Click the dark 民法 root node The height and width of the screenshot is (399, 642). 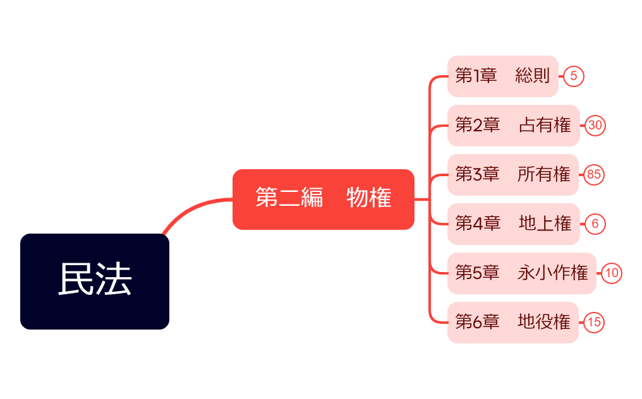click(x=95, y=282)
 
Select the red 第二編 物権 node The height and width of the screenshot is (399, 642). click(x=323, y=199)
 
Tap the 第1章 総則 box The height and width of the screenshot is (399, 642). click(x=502, y=76)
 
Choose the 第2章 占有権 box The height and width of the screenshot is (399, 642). click(x=513, y=126)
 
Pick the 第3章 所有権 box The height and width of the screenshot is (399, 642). click(x=512, y=175)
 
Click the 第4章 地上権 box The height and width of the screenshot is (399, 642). click(x=513, y=224)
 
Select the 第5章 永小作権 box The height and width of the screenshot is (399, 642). click(x=521, y=273)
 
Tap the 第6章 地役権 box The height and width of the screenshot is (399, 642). click(x=512, y=323)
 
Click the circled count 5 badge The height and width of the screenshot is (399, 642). click(x=574, y=76)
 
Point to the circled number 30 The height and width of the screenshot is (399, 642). click(x=595, y=126)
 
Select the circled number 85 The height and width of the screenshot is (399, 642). click(x=594, y=175)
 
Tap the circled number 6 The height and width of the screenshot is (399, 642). click(x=595, y=224)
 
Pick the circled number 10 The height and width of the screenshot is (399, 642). click(x=611, y=273)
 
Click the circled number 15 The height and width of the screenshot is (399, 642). click(x=594, y=323)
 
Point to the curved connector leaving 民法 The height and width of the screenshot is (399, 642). click(x=190, y=208)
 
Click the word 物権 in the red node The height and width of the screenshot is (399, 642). click(x=369, y=199)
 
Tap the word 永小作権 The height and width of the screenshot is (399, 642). click(x=552, y=273)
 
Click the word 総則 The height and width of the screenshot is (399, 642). click(x=533, y=76)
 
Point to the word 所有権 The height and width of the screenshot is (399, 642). click(x=543, y=175)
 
